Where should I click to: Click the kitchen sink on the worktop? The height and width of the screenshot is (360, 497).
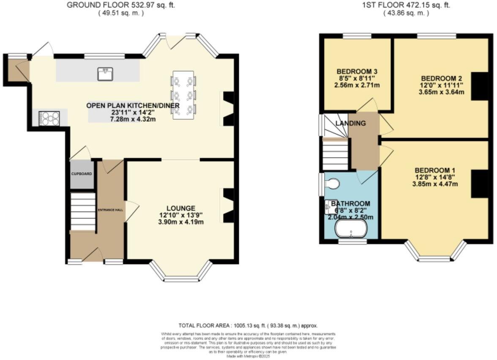pyautogui.click(x=104, y=74)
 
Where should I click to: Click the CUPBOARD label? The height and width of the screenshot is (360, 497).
pyautogui.click(x=82, y=174)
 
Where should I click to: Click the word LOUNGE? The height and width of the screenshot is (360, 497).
pyautogui.click(x=180, y=208)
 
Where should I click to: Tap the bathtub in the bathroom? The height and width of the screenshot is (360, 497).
pyautogui.click(x=351, y=231)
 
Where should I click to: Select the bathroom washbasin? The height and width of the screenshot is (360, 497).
pyautogui.click(x=331, y=207)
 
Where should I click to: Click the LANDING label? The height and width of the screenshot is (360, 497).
pyautogui.click(x=351, y=124)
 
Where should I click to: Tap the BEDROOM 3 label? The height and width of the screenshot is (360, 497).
pyautogui.click(x=357, y=71)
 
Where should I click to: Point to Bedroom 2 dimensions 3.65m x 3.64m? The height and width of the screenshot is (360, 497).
pyautogui.click(x=442, y=92)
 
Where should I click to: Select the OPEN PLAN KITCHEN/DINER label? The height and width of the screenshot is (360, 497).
pyautogui.click(x=133, y=105)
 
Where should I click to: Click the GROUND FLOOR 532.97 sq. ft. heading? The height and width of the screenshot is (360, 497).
pyautogui.click(x=121, y=5)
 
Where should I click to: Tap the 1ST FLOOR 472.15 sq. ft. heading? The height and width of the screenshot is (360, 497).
pyautogui.click(x=406, y=5)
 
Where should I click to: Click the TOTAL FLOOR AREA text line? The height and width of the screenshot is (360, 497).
pyautogui.click(x=248, y=326)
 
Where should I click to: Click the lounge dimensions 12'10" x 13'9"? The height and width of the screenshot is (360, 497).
pyautogui.click(x=180, y=215)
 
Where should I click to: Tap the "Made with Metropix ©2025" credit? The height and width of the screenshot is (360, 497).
pyautogui.click(x=248, y=356)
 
